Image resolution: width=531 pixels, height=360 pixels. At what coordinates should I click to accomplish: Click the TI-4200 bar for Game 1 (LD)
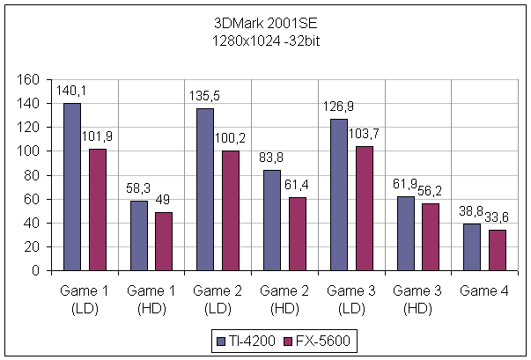[x=72, y=187]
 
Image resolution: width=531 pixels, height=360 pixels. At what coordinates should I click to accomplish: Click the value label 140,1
[x=70, y=90]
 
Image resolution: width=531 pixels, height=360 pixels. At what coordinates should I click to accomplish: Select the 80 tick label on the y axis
[x=32, y=175]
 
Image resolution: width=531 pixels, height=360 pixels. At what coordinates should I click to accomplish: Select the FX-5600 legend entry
[x=303, y=340]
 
